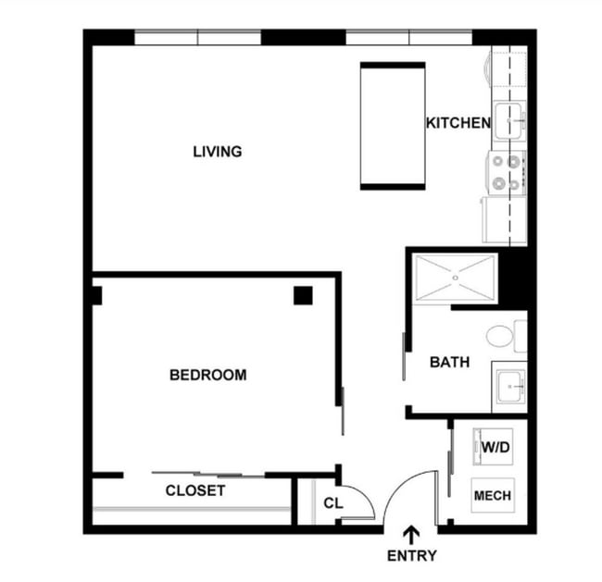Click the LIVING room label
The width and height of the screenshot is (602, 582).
coord(217,151)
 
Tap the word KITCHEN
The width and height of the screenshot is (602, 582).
coord(457,123)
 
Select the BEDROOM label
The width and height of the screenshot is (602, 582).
coord(207,375)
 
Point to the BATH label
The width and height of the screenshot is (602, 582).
coord(449,363)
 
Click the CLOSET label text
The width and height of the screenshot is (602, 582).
coord(194,490)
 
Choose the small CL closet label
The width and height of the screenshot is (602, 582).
coord(333,503)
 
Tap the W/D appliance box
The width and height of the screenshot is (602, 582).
coord(493,447)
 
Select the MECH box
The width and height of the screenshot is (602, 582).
coord(492,496)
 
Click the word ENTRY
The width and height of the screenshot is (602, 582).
coord(411,556)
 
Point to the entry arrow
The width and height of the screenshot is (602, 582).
coord(411,534)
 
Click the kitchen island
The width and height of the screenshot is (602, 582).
coord(392,126)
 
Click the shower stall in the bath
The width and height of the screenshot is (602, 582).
coord(456,278)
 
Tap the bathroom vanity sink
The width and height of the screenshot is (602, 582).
coord(508,385)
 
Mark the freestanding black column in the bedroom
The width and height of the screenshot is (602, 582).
coord(303,295)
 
